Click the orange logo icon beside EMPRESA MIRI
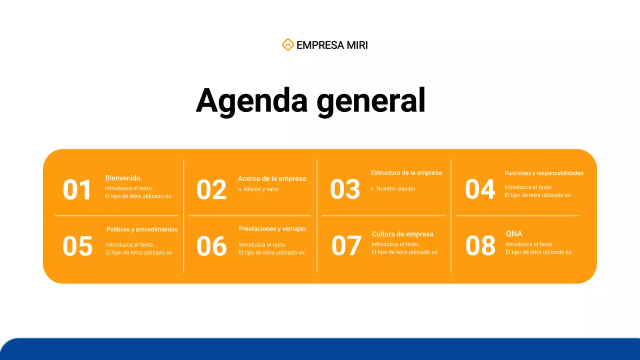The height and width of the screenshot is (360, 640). pos(287,45)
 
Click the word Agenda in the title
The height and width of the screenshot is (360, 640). pos(251,101)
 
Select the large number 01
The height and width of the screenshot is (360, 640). pos(77,190)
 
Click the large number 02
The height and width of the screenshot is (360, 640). pos(211,190)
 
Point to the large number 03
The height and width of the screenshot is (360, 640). pos(345,189)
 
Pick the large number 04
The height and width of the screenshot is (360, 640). pos(479,189)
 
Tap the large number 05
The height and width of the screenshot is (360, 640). pos(77,246)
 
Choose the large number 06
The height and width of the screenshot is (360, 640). pos(211,246)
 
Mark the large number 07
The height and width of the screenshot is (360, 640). pos(346,246)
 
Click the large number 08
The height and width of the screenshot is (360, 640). pos(480,246)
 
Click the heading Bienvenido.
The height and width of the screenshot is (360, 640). pos(123,178)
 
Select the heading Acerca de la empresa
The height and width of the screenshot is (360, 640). pos(272,178)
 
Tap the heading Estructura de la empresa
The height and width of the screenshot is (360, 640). pos(406,172)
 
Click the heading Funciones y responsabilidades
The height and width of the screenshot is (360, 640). pos(543,173)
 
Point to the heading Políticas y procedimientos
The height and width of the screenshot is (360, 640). pos(142,229)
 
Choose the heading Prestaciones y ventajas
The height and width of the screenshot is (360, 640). pos(272,228)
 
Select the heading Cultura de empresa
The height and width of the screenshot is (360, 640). pos(402,234)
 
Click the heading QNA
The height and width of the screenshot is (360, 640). pos(514,233)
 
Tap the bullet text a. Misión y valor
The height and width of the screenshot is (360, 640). pos(258,189)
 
